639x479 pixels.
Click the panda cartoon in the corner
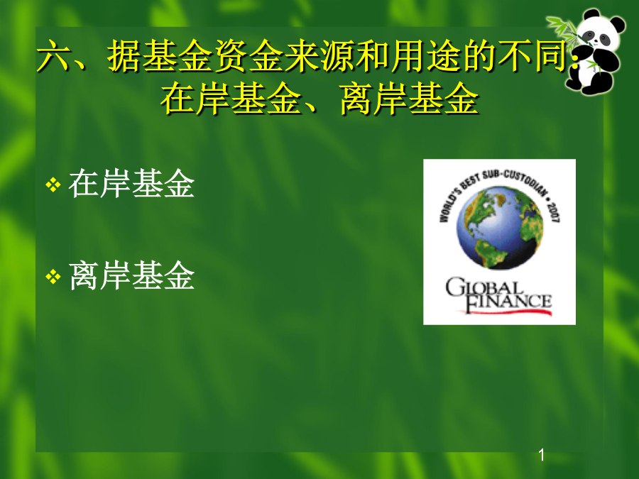pyautogui.click(x=589, y=51)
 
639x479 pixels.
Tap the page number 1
pyautogui.click(x=542, y=455)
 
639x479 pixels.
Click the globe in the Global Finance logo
pyautogui.click(x=500, y=227)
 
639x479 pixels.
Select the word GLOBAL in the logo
pyautogui.click(x=484, y=287)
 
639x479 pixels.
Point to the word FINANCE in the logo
pyautogui.click(x=508, y=302)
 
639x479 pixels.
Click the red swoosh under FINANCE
pyautogui.click(x=506, y=312)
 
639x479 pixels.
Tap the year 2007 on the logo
pyautogui.click(x=553, y=211)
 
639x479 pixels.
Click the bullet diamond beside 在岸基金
pyautogui.click(x=53, y=185)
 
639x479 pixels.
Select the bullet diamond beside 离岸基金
pyautogui.click(x=53, y=277)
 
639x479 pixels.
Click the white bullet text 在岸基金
pyautogui.click(x=131, y=184)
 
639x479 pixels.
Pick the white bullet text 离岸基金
pyautogui.click(x=131, y=276)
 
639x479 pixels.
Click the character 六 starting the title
pyautogui.click(x=53, y=56)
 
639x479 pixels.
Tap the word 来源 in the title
pyautogui.click(x=319, y=56)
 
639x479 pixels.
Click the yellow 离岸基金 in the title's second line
pyautogui.click(x=409, y=99)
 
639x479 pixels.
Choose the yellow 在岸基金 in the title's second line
pyautogui.click(x=231, y=99)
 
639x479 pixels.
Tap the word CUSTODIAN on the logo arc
pyautogui.click(x=525, y=182)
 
